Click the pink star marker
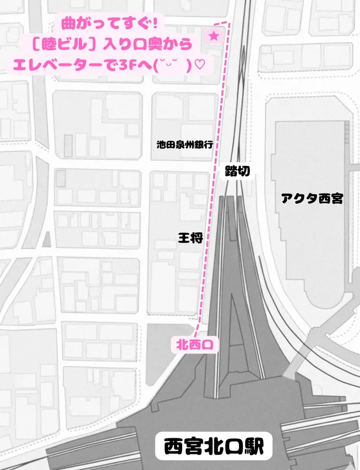click(214, 36)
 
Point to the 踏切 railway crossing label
click(237, 171)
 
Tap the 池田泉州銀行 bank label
click(184, 144)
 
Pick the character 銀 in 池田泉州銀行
click(197, 144)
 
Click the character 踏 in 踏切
click(231, 171)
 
